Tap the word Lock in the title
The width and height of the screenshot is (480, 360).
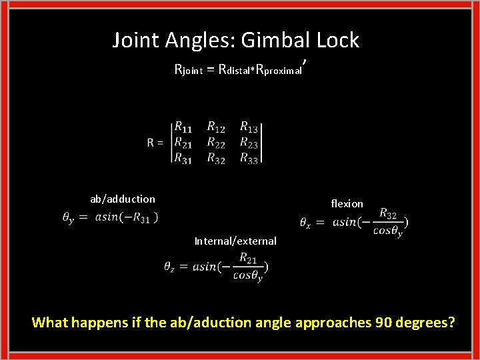click(337, 40)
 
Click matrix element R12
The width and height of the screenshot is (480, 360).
click(216, 127)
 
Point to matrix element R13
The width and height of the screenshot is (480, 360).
click(249, 127)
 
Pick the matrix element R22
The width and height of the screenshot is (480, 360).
click(216, 142)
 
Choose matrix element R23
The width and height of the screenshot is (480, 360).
click(249, 142)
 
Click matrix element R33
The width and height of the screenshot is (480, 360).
click(249, 158)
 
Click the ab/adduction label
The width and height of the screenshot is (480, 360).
click(123, 199)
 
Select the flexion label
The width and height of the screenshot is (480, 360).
click(347, 203)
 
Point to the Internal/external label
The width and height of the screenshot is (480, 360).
click(235, 241)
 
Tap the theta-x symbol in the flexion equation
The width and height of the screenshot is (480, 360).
click(306, 222)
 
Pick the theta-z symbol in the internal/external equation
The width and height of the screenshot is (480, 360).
click(170, 267)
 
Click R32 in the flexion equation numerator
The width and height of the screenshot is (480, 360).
click(387, 213)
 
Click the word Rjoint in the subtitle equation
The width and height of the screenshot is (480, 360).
click(192, 69)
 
